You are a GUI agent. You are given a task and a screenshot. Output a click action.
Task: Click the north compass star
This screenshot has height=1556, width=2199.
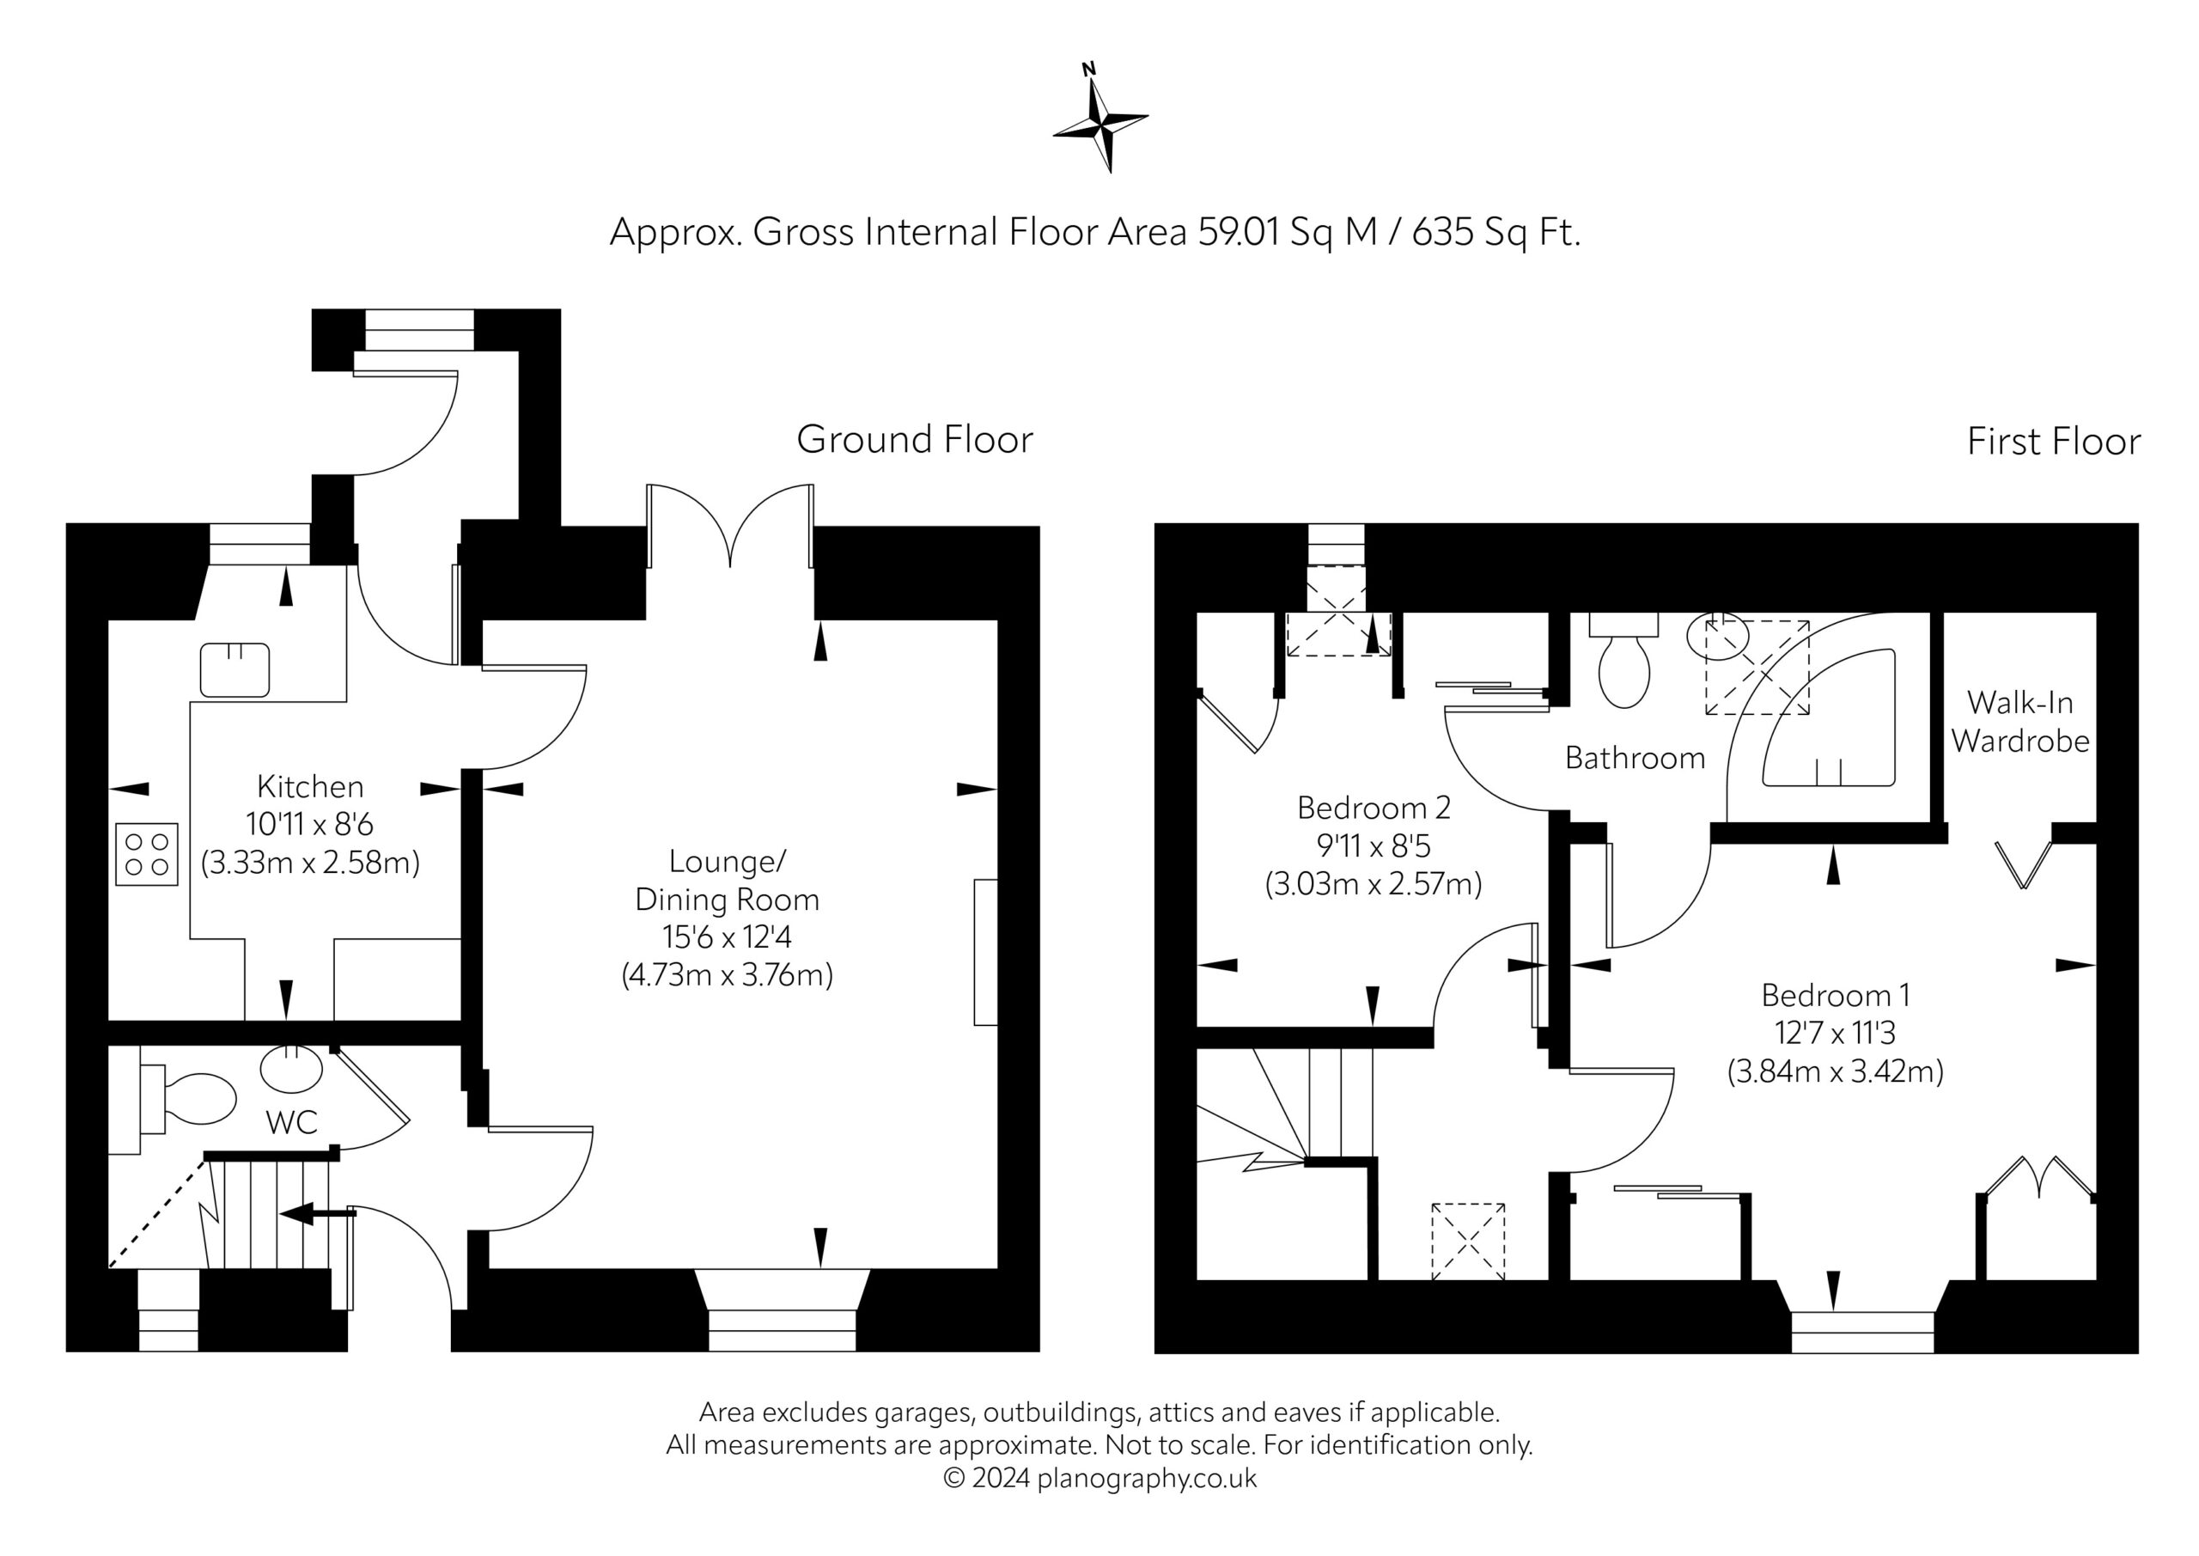point(1101,121)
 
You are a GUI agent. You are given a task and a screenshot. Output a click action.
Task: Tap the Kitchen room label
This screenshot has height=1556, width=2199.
point(310,787)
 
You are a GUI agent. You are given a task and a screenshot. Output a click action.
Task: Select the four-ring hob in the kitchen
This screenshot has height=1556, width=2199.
point(147,854)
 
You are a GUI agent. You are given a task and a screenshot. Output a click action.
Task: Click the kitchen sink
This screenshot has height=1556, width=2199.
point(235,669)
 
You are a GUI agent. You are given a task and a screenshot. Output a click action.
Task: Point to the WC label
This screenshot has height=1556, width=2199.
point(291,1122)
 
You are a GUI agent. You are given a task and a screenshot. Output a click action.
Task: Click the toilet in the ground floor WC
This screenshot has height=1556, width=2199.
point(188,1099)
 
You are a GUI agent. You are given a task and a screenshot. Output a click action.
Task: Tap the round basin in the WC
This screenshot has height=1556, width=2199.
point(291,1070)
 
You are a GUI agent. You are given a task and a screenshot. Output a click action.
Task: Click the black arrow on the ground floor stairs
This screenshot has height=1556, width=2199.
point(317,1214)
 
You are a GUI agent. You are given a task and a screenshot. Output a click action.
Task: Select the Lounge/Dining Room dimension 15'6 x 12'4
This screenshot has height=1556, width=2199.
point(727,937)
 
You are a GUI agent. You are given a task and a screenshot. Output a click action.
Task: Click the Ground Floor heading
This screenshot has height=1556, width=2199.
point(915,440)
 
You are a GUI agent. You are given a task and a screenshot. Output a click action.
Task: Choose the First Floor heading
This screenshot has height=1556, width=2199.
point(2054,442)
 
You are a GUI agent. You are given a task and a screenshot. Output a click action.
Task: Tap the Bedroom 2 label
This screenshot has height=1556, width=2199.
point(1374,808)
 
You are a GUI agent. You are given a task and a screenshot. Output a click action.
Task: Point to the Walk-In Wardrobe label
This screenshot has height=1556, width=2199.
point(2021,722)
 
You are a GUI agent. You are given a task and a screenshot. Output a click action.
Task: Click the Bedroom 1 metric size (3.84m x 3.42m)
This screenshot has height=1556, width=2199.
point(1835,1071)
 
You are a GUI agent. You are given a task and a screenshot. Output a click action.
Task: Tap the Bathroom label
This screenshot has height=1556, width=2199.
point(1635,758)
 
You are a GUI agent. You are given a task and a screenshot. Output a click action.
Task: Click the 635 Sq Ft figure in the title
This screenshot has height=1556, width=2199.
point(1496,232)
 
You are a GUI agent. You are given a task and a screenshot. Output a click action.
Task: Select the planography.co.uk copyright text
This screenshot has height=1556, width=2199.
point(1099,1479)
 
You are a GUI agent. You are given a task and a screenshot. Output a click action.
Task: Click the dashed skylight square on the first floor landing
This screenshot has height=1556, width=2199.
point(1468,1242)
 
